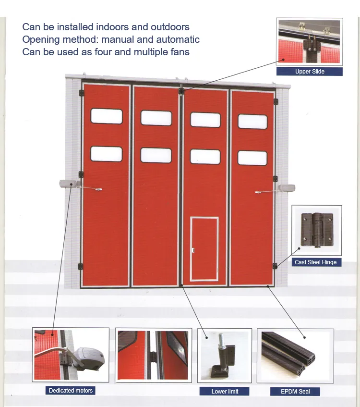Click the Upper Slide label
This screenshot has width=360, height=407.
(310, 72)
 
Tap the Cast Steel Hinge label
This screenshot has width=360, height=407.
(316, 262)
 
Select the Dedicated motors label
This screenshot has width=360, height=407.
(71, 391)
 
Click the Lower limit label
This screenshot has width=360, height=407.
(225, 392)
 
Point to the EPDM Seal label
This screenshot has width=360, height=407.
(295, 392)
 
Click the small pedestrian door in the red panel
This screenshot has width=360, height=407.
(204, 249)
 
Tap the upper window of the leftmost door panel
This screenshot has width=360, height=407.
(107, 116)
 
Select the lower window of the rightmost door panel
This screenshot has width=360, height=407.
(252, 158)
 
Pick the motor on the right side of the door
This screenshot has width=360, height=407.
(287, 188)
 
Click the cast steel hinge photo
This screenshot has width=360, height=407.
(316, 230)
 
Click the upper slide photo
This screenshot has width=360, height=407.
(310, 41)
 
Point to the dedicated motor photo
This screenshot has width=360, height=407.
(71, 355)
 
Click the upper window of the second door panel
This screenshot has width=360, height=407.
(156, 118)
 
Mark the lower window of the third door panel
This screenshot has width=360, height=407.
(205, 157)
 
